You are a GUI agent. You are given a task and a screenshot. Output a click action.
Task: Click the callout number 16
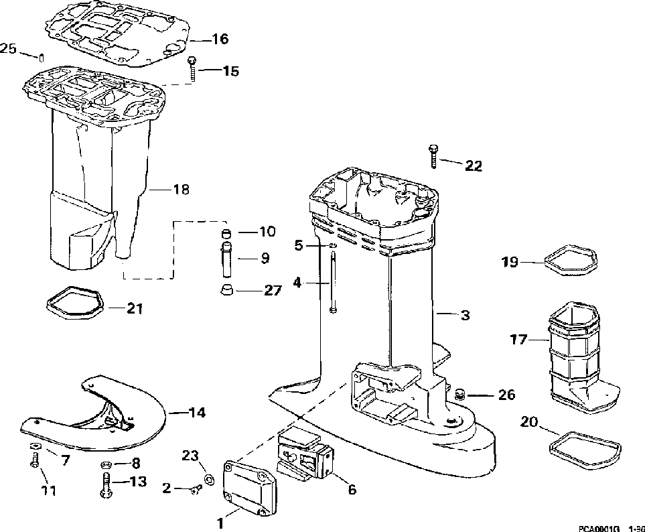[x=220, y=40]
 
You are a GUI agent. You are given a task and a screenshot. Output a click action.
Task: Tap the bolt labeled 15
[x=193, y=68]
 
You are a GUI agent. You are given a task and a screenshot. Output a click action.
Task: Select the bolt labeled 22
[x=434, y=155]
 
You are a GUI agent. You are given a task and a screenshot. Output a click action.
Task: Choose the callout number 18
[x=181, y=190]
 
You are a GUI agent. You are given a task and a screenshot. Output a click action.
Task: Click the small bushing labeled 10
[x=226, y=233]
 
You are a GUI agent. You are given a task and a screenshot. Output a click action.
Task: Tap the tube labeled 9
[x=227, y=257]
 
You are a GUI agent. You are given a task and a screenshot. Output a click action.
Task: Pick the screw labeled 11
[x=33, y=461]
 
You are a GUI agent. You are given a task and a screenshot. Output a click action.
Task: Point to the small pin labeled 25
[x=41, y=56]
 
